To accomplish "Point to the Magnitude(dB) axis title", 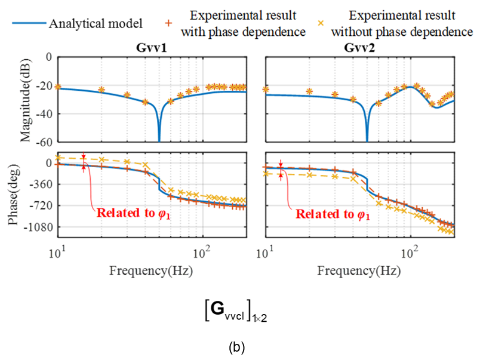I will tap(25, 99).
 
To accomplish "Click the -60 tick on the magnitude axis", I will tap(45, 142).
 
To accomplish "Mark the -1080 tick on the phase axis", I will tap(39, 227).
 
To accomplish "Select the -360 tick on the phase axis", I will tap(42, 184).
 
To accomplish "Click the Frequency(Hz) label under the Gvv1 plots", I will tap(150, 270).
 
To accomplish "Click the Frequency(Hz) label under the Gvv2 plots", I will tap(358, 270).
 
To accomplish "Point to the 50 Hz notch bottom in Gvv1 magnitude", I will tap(159, 140).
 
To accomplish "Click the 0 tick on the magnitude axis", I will tap(50, 57).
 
